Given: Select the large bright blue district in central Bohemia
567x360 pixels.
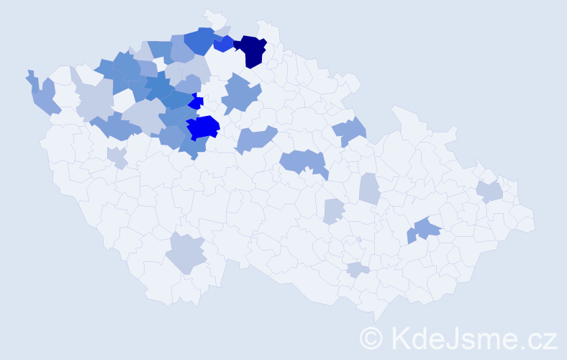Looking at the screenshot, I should [204, 127].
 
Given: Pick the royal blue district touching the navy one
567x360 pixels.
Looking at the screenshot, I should [224, 44].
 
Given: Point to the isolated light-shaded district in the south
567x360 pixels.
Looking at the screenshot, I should [187, 253].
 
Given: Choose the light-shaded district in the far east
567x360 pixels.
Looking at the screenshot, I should [490, 191].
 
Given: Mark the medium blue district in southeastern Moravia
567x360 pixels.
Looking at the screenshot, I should [426, 229].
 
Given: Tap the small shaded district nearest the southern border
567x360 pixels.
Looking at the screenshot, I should [358, 270].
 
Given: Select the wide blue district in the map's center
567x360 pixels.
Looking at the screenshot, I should [302, 162].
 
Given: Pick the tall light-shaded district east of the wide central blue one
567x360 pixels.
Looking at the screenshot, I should [369, 189].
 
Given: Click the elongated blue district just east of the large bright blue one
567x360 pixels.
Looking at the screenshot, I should [255, 138].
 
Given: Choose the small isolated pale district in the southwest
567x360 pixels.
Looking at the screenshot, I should [117, 157].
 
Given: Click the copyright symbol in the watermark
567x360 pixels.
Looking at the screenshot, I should [373, 336].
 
